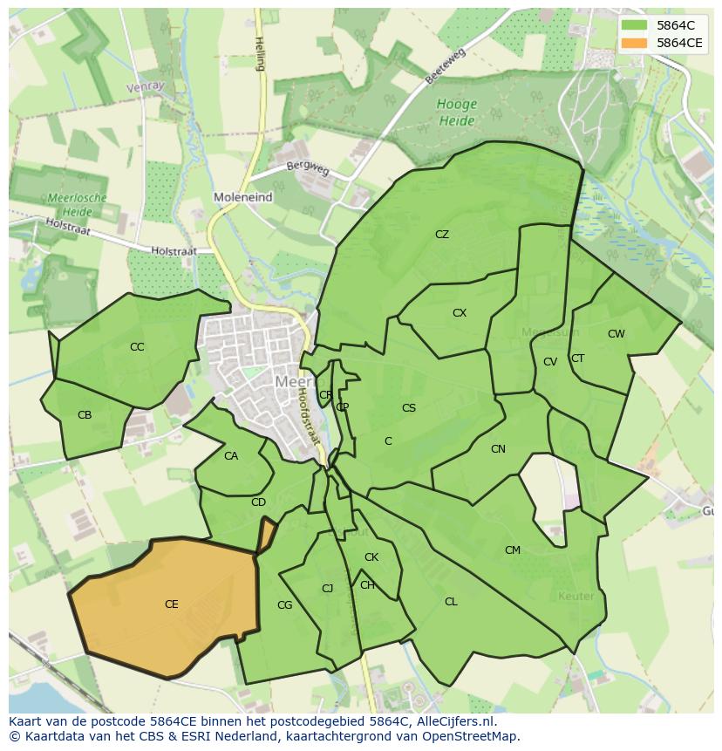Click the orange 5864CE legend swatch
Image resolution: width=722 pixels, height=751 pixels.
click(x=635, y=43)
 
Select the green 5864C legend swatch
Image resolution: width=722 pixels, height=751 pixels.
click(x=635, y=25)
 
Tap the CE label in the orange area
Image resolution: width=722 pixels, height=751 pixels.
click(x=172, y=604)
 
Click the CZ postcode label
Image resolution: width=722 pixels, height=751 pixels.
click(x=442, y=235)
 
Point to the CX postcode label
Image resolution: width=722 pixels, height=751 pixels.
click(x=460, y=313)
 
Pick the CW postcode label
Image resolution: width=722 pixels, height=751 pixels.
click(x=616, y=334)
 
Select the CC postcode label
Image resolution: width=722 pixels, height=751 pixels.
click(x=137, y=347)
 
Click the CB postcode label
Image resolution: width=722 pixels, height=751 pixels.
click(x=85, y=415)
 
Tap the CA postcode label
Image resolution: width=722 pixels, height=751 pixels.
click(x=231, y=456)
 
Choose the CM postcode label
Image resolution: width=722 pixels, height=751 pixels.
click(x=513, y=550)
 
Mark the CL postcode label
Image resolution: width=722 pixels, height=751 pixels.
click(x=451, y=602)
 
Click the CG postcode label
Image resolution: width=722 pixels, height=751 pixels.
click(x=284, y=605)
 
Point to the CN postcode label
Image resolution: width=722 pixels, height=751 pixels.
click(x=498, y=449)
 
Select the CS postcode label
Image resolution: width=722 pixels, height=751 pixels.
click(x=409, y=408)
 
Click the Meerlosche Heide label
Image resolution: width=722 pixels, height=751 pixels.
click(x=78, y=204)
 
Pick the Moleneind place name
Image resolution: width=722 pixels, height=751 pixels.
click(x=242, y=198)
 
